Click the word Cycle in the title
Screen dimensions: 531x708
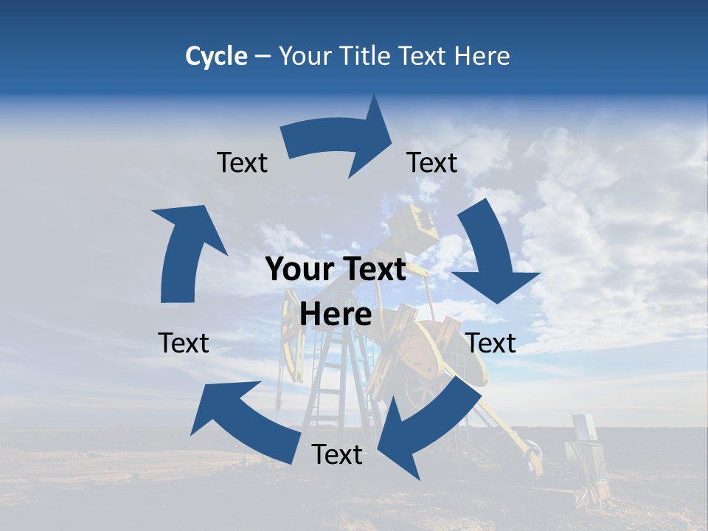[x=216, y=56]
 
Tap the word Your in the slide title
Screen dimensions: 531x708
[x=302, y=56]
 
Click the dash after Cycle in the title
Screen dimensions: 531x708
[x=262, y=56]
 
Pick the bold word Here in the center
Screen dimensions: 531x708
[x=336, y=315]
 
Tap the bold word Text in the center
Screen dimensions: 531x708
[x=372, y=270]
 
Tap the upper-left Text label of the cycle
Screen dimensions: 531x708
[x=242, y=163]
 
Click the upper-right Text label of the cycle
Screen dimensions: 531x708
[x=432, y=163]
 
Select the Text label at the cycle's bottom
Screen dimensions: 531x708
[x=337, y=455]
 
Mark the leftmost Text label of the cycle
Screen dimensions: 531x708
[x=184, y=343]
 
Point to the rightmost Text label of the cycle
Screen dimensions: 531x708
[x=491, y=343]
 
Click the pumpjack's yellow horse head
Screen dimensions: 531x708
[x=417, y=225]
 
